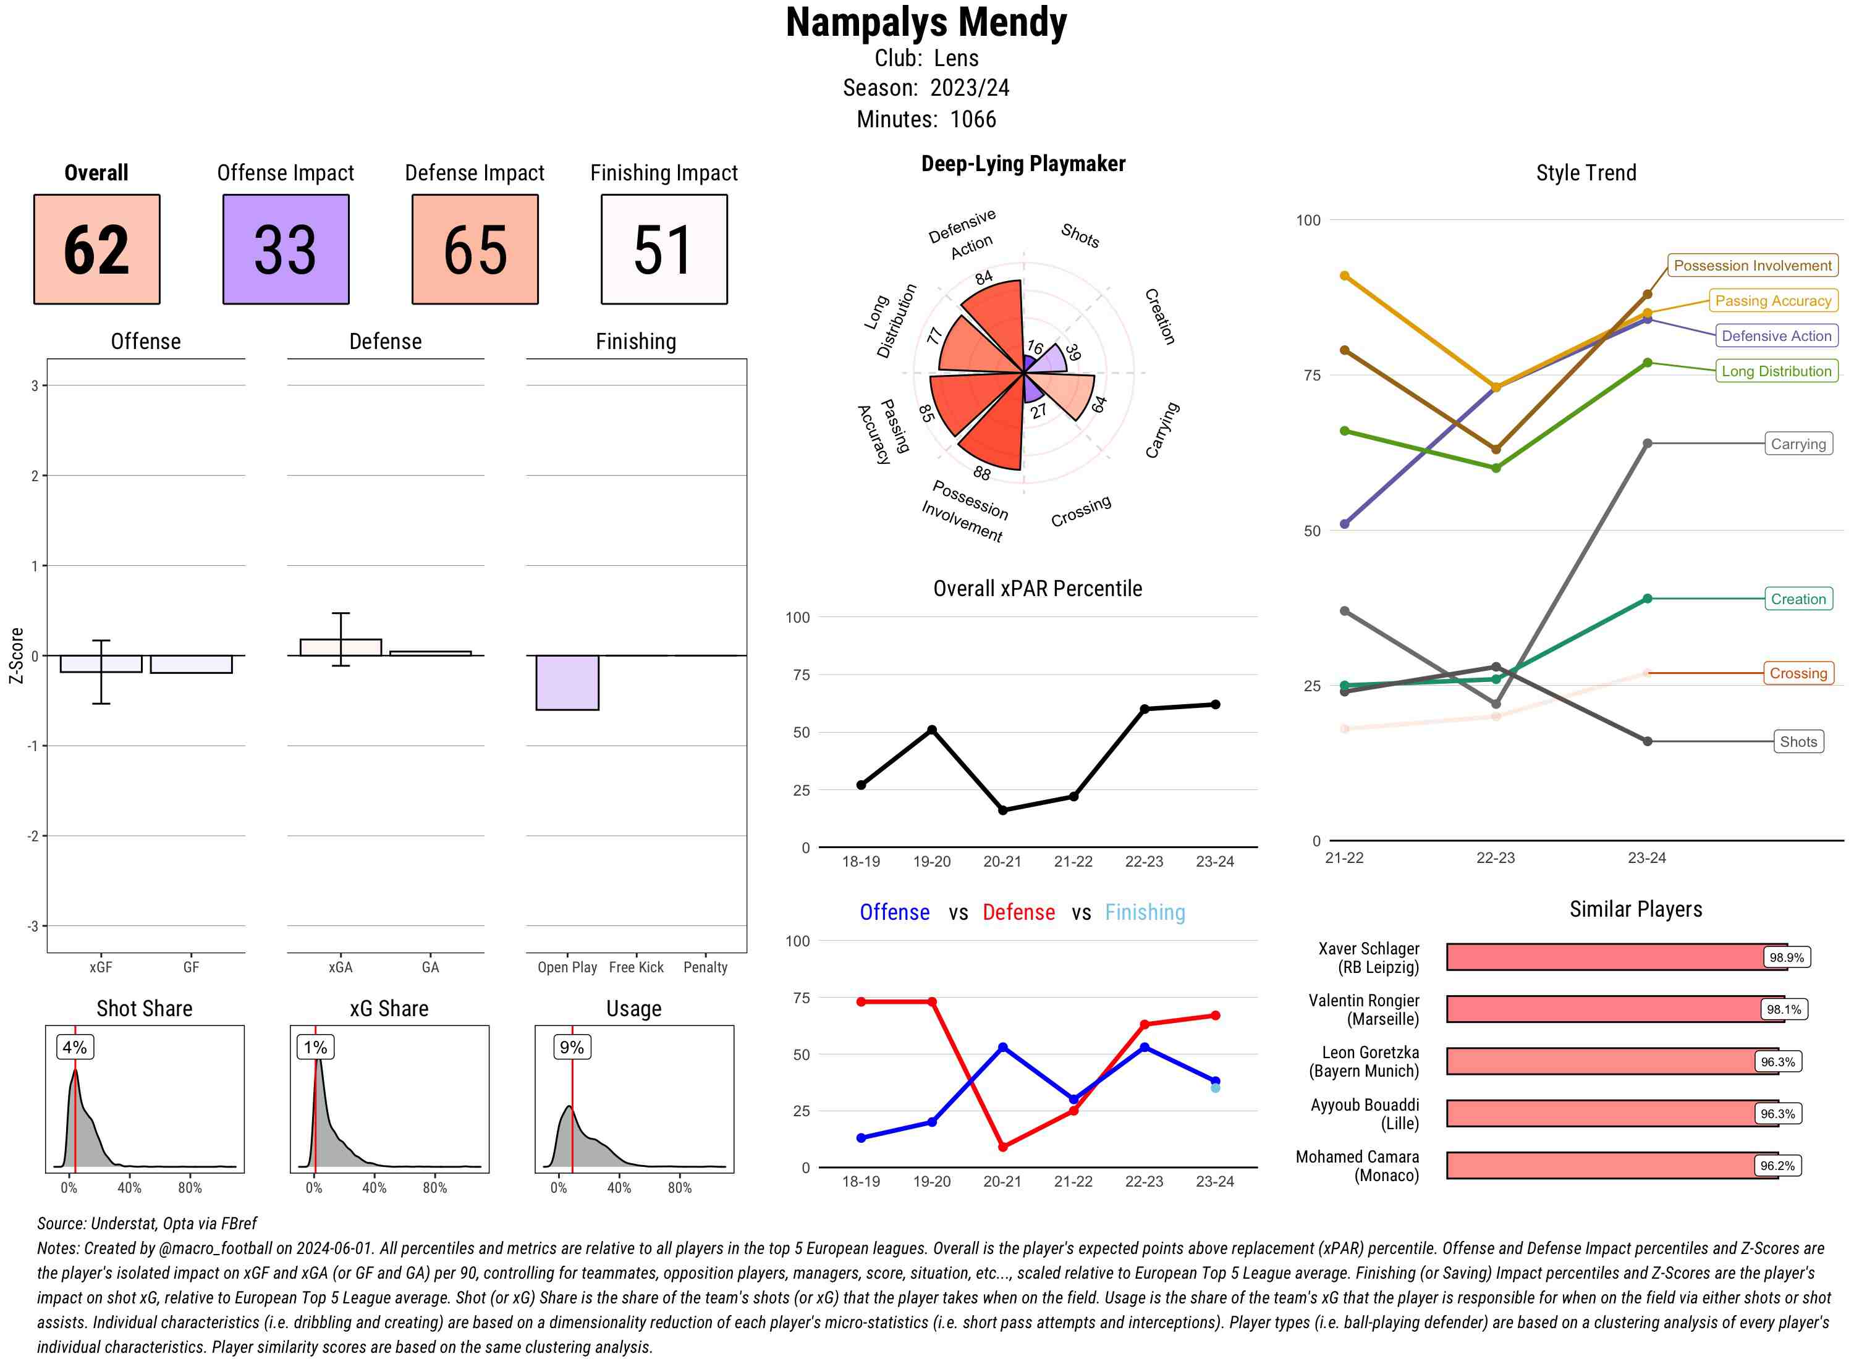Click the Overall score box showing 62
(96, 250)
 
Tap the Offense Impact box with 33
(286, 250)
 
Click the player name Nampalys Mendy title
(926, 23)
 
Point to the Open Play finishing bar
(567, 682)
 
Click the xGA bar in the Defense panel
(341, 647)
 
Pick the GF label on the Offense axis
(191, 967)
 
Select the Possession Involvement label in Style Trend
(1752, 266)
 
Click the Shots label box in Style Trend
(1797, 742)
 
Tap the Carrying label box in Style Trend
(1797, 444)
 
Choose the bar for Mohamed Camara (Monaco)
(1611, 1166)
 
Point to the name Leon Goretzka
(1370, 1053)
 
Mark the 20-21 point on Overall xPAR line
(1002, 810)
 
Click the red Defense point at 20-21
(1002, 1147)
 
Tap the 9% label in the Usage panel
(571, 1047)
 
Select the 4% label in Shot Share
(74, 1047)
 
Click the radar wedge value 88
(982, 473)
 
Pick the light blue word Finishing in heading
(1145, 912)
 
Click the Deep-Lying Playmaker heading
(1023, 164)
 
